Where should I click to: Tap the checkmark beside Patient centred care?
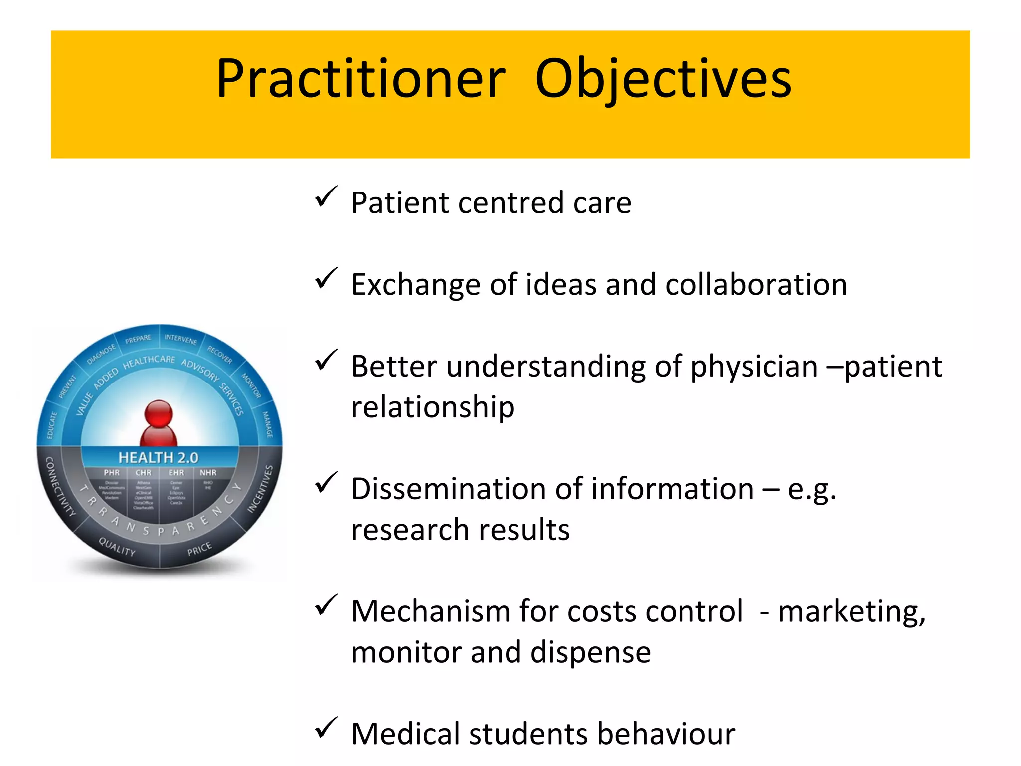tap(326, 197)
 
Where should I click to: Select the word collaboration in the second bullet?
tap(756, 285)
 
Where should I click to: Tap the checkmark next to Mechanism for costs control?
tap(326, 606)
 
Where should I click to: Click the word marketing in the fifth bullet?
tap(851, 612)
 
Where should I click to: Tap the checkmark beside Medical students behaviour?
tap(326, 729)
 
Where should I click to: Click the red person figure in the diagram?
tap(159, 424)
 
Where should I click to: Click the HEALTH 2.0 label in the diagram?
tap(159, 457)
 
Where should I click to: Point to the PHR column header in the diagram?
tap(112, 472)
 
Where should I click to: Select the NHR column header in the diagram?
tap(208, 472)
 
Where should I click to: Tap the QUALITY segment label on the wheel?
tap(117, 547)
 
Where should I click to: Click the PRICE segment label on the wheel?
tap(199, 549)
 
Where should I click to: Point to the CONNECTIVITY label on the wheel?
tap(60, 487)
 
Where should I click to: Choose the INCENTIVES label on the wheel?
tap(261, 489)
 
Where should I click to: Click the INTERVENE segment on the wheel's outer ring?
tap(180, 340)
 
